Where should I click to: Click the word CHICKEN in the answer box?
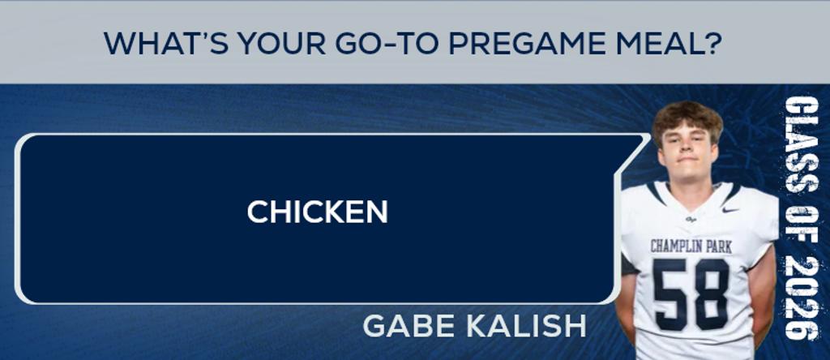click(318, 212)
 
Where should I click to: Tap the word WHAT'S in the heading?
click(165, 44)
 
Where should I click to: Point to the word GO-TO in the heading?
click(387, 44)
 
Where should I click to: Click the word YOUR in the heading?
click(281, 44)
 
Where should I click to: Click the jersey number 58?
click(691, 294)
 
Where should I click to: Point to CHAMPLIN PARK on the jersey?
click(691, 246)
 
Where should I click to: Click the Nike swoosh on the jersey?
click(730, 210)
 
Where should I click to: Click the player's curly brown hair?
click(687, 118)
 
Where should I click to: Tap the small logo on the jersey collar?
click(691, 219)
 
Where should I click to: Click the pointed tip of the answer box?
click(649, 136)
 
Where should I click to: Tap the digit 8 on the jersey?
click(712, 294)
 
